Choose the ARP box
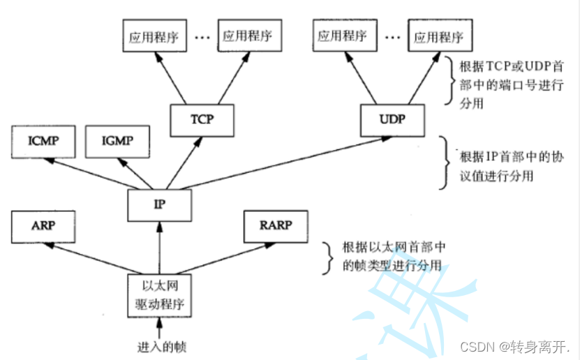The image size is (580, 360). pyautogui.click(x=43, y=226)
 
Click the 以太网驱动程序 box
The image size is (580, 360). pyautogui.click(x=159, y=295)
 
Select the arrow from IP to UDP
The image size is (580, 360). pyautogui.click(x=279, y=163)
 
